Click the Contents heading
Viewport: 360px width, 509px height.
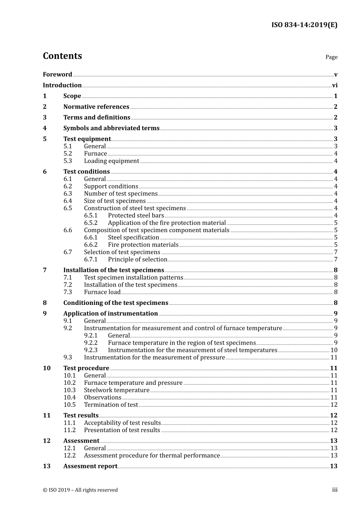point(62,56)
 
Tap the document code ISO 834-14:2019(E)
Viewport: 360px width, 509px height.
point(304,25)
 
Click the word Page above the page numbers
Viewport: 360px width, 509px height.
point(331,57)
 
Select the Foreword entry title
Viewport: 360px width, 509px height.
point(57,75)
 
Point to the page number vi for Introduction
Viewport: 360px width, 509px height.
point(335,86)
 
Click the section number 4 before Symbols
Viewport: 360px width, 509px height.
point(45,128)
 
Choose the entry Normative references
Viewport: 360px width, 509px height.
point(96,107)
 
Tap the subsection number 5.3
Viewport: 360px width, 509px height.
point(67,161)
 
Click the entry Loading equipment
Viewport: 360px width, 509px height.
point(111,161)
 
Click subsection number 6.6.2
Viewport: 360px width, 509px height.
point(91,245)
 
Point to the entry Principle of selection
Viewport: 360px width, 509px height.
point(138,260)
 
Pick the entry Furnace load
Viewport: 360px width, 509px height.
point(102,292)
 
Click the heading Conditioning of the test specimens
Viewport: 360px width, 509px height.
point(116,303)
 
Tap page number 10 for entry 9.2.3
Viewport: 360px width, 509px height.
point(334,350)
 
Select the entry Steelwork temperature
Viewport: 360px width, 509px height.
point(116,390)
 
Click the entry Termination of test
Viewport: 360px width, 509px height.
point(111,405)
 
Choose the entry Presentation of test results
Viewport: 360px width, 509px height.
point(122,430)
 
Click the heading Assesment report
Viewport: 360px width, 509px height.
point(90,467)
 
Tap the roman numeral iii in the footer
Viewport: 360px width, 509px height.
point(335,490)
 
